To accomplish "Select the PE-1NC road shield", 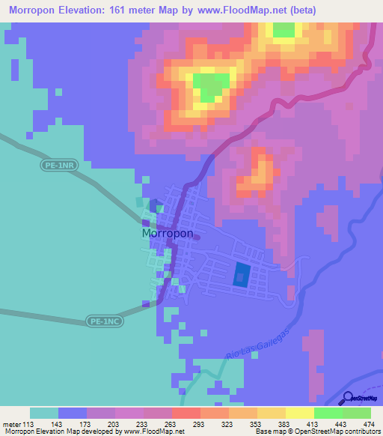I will tap(103, 321).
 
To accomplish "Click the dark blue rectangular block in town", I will tap(241, 275).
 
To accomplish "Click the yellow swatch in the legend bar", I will tap(299, 413).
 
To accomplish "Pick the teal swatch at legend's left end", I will tap(44, 413).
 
